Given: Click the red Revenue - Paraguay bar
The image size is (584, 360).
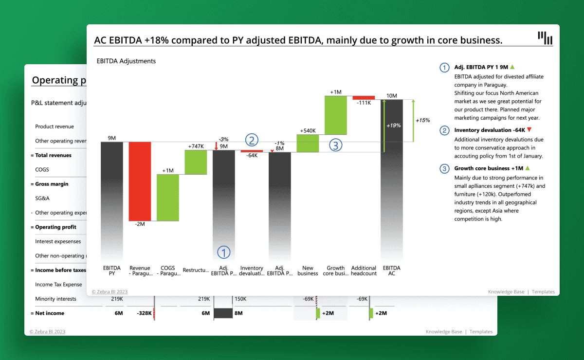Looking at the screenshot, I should pos(140,181).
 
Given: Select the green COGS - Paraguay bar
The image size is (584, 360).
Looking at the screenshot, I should pos(168,197).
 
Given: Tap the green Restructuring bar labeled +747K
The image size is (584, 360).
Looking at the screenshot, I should pos(196,162).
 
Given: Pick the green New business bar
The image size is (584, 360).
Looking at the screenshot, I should pos(308,144).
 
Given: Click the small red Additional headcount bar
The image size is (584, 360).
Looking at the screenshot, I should pos(364,98).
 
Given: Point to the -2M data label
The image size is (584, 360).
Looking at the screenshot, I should pos(140,224).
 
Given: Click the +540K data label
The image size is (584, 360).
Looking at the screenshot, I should pos(308,131).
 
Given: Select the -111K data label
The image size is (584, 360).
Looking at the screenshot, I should pos(364,103).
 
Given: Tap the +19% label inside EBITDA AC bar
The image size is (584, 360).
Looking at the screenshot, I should pos(394,126).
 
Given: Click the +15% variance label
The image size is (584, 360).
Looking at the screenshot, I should pos(422,120).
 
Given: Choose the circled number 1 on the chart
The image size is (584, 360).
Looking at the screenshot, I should pos(223,252).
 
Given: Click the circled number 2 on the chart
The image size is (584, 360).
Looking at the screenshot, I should pos(252,140).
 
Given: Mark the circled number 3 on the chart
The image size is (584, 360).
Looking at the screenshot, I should pos(335,144).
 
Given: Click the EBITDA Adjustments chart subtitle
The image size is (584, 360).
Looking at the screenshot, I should pos(126,61).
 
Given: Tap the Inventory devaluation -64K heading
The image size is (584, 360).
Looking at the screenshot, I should pos(489,130).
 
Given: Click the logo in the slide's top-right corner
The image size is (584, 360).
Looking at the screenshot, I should pos(545,37).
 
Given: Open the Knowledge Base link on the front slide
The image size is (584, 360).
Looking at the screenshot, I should pos(506,292).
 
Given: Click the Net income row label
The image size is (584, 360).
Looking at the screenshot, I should pos(50,313).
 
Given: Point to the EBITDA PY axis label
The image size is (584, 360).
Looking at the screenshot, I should pos(112,270).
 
